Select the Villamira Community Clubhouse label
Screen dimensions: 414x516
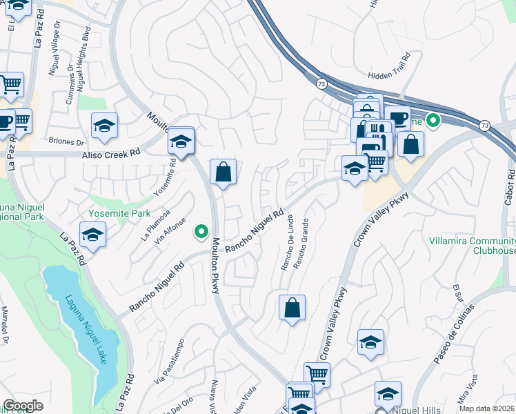point(475,246)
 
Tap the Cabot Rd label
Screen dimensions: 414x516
point(510,187)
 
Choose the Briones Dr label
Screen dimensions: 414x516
point(66,141)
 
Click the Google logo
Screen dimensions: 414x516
point(23,406)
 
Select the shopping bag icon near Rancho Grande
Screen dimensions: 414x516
point(292,307)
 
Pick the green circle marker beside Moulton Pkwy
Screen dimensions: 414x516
point(201,232)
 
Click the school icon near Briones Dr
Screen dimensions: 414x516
point(104,126)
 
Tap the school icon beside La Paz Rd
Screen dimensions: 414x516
point(92,235)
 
